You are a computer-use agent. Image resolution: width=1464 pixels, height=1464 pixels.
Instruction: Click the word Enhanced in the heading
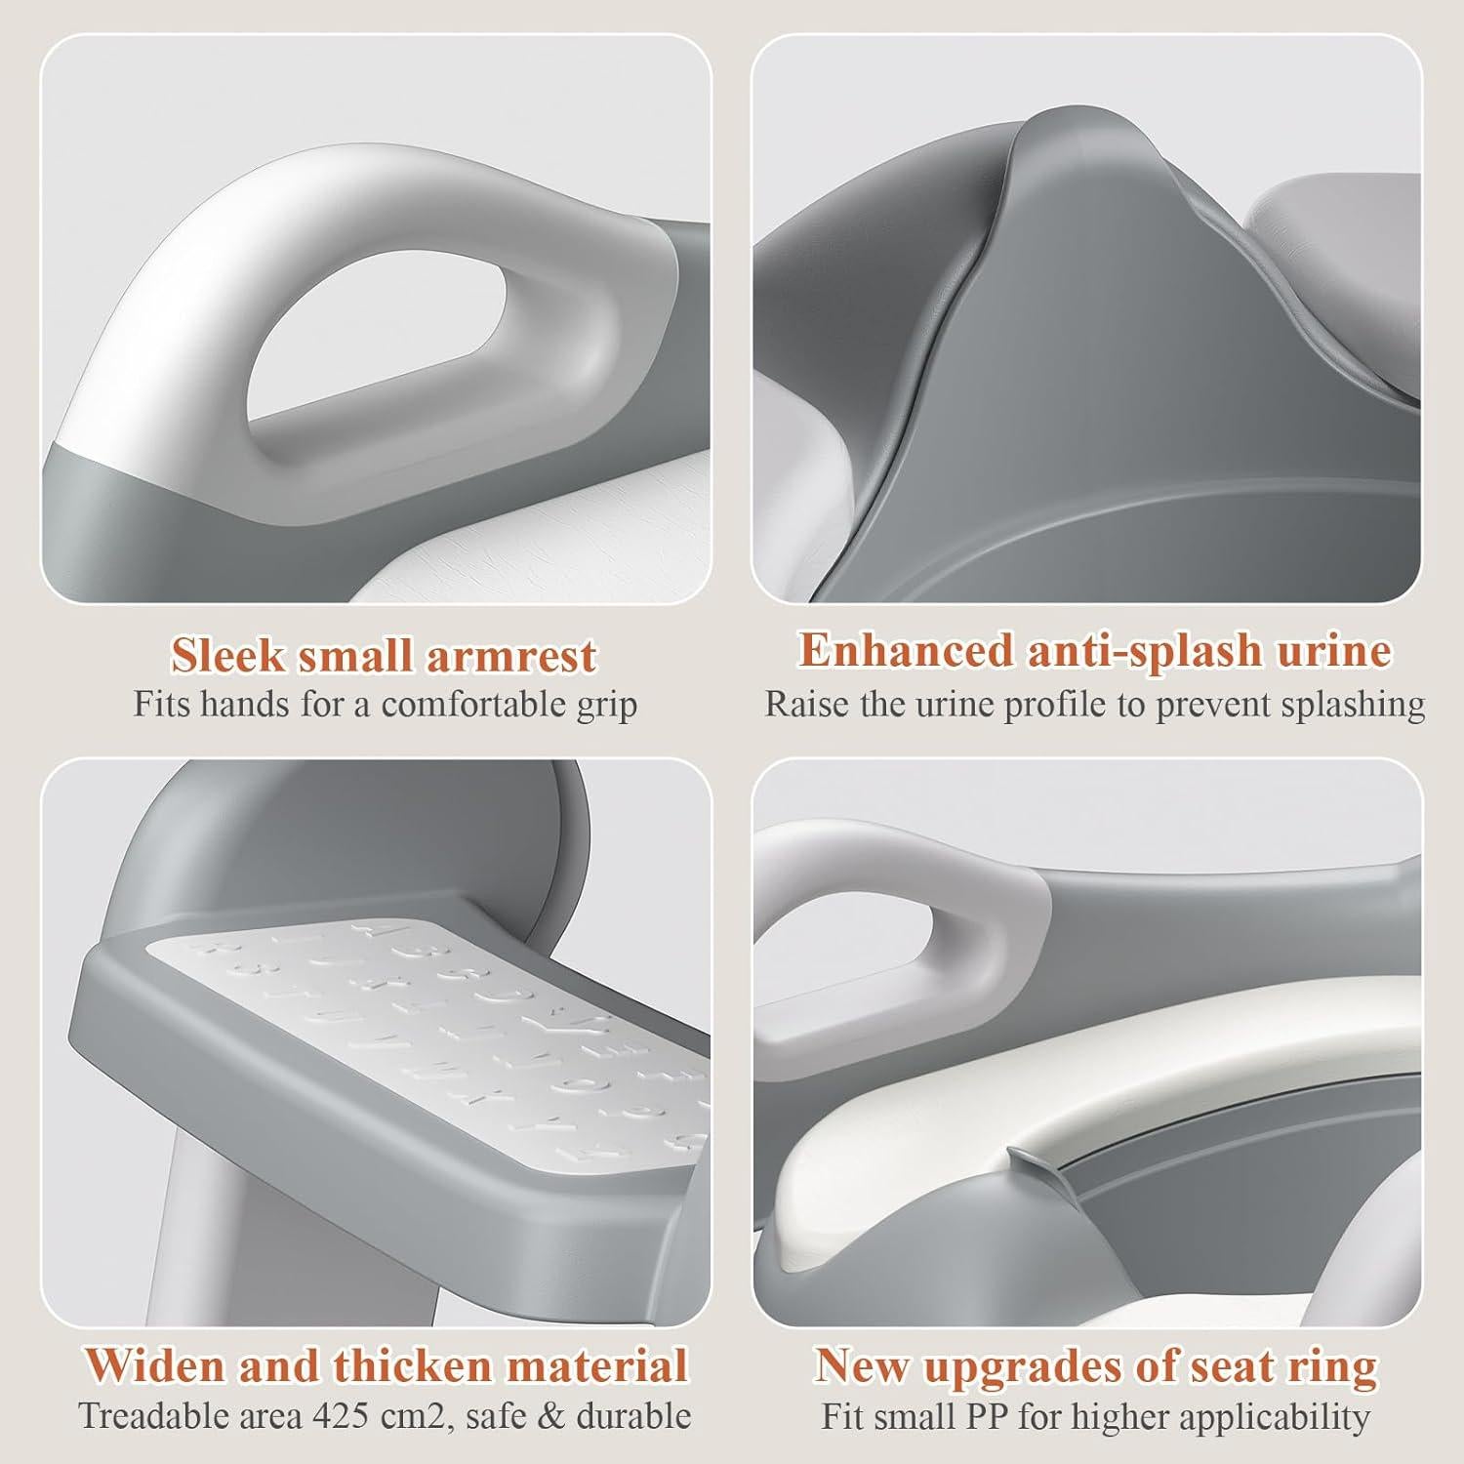click(906, 650)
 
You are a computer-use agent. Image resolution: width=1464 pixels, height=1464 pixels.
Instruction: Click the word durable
click(635, 1416)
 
